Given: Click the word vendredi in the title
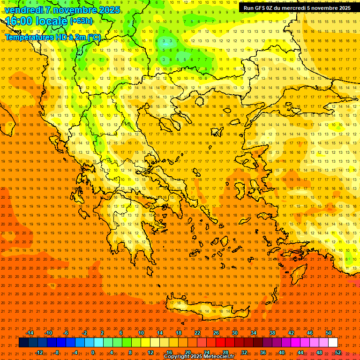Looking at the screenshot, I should click(23, 10).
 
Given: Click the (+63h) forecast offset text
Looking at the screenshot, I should click(81, 21).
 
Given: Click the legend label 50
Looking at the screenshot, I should click(329, 333).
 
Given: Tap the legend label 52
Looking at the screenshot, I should click(338, 352).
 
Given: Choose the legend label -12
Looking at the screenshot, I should click(39, 352).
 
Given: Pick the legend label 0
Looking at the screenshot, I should click(92, 352).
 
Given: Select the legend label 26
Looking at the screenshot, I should click(216, 333).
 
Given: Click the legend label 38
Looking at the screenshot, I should click(272, 333).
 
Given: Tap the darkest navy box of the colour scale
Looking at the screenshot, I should click(24, 343).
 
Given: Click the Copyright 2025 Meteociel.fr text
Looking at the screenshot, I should click(199, 357).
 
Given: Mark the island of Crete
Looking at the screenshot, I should click(206, 312).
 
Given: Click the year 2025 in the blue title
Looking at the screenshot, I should click(109, 10).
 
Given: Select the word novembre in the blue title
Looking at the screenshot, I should click(74, 10).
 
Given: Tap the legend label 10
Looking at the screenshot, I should click(141, 333).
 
